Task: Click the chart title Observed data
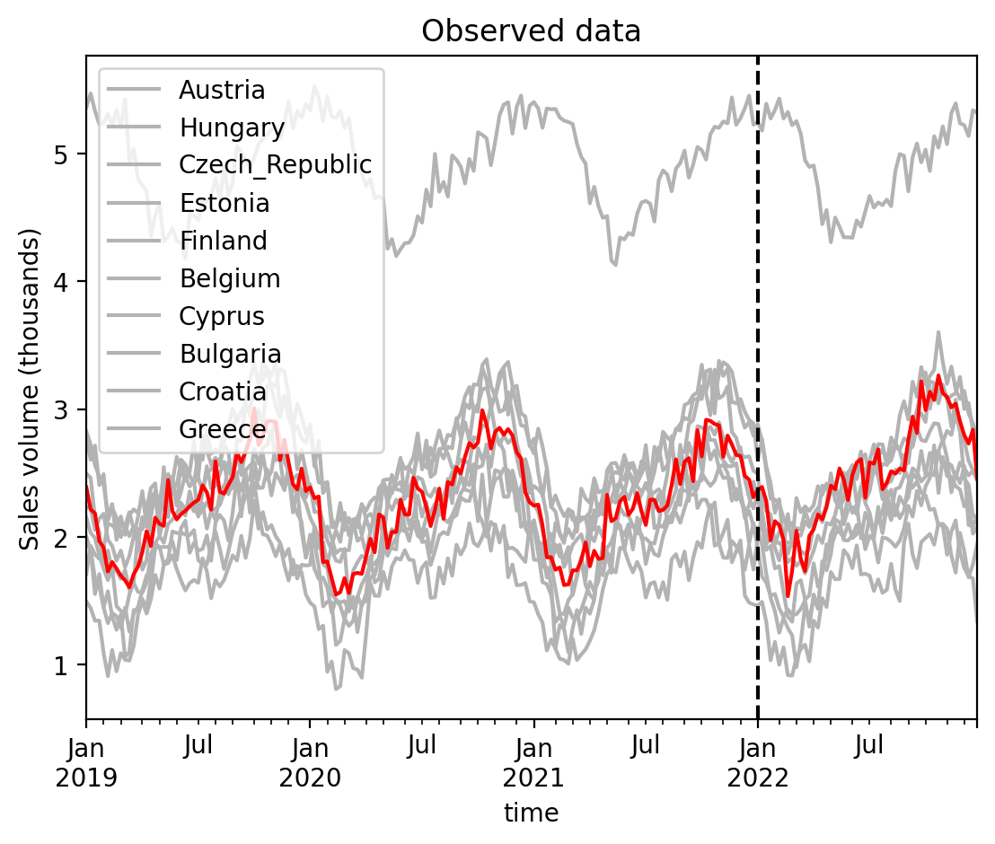531,31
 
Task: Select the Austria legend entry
222,90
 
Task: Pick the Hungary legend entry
232,127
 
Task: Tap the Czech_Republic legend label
275,165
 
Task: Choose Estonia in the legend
225,203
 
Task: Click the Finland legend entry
223,241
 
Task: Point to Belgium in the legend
230,278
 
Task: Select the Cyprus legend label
222,316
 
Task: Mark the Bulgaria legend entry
230,354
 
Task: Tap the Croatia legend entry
223,391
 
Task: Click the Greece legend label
223,429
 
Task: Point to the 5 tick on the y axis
63,154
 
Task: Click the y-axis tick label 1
63,665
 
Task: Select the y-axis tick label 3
63,409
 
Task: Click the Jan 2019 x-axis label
86,762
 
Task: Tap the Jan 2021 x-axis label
534,762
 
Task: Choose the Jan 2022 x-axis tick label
758,762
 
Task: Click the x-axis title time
531,813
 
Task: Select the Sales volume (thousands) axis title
31,390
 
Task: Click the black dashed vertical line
758,269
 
